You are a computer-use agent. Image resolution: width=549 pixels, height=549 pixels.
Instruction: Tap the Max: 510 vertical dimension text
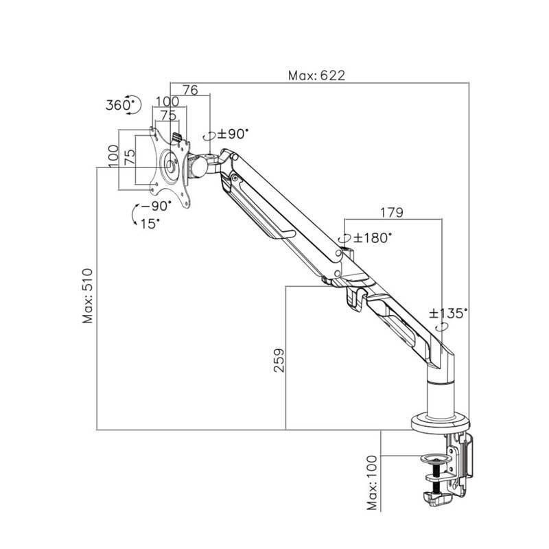(x=88, y=295)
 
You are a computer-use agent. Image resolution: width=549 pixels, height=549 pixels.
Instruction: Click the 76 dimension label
(x=189, y=90)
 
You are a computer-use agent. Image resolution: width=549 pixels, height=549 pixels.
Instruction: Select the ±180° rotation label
(x=373, y=238)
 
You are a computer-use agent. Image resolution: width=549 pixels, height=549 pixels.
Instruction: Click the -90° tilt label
(x=153, y=206)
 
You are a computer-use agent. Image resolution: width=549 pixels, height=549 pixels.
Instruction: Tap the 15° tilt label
(x=150, y=223)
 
